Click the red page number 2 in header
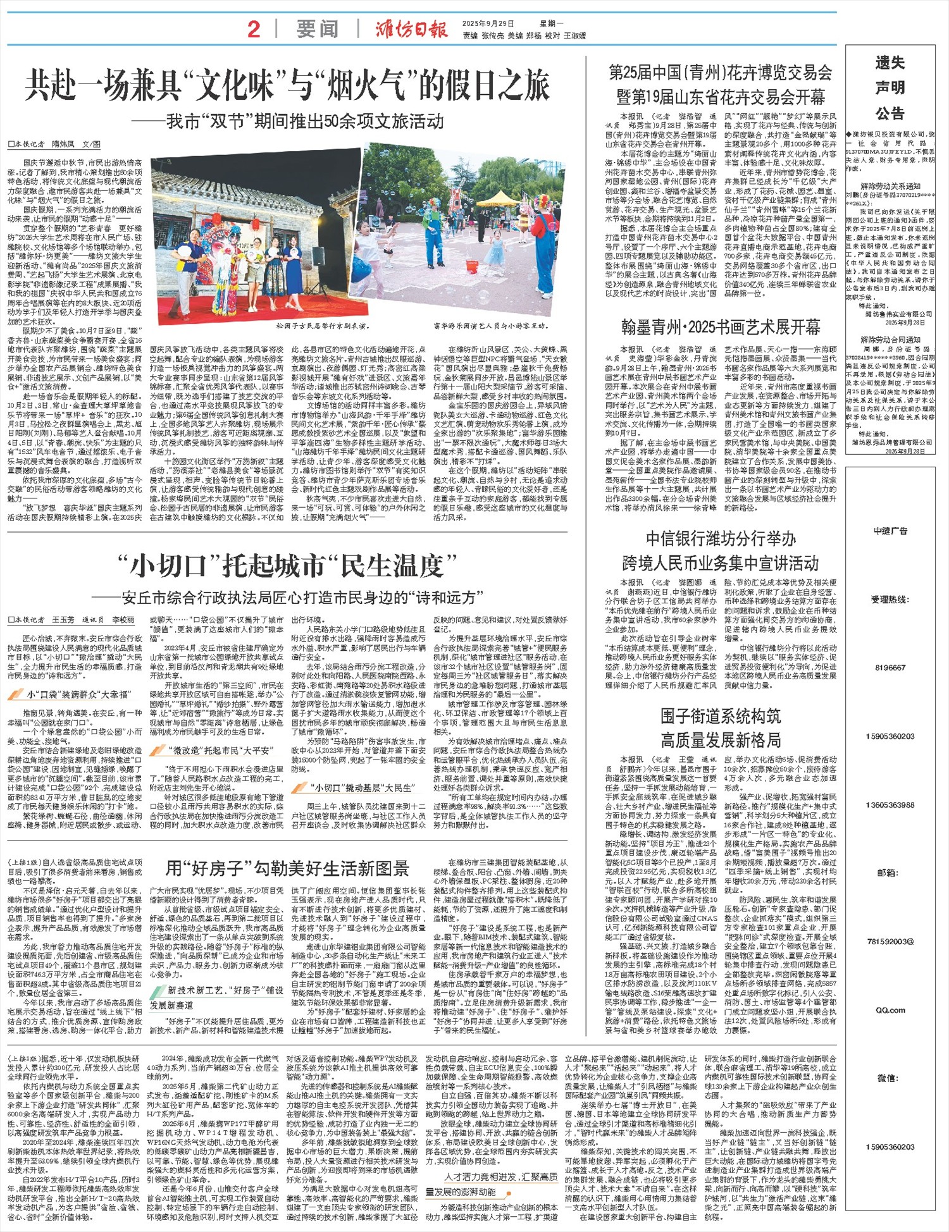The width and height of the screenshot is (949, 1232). (x=254, y=29)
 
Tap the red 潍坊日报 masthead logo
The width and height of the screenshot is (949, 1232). (x=411, y=29)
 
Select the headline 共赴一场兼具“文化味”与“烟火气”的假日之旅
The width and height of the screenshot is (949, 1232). (x=287, y=85)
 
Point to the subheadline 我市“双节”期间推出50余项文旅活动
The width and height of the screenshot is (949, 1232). (x=304, y=121)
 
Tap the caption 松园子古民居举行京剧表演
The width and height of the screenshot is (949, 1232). (x=322, y=327)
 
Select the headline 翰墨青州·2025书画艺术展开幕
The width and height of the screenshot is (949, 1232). (x=720, y=327)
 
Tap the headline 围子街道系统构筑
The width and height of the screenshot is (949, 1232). (x=720, y=716)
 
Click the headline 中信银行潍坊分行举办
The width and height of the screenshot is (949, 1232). (x=720, y=538)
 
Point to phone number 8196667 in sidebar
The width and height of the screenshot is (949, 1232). (x=890, y=667)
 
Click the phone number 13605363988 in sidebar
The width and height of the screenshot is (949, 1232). (x=890, y=804)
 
